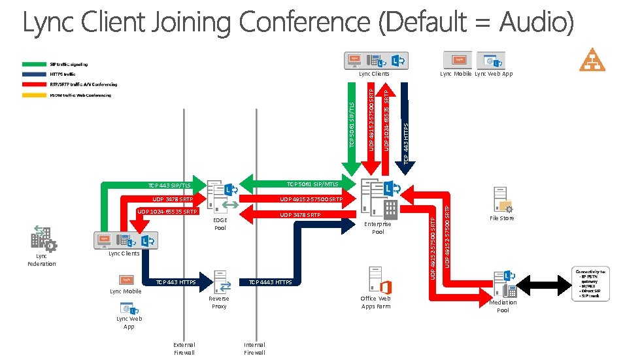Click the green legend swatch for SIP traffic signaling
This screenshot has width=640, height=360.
click(34, 64)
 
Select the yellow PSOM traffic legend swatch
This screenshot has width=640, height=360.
click(34, 95)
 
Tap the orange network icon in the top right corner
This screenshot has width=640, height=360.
click(592, 59)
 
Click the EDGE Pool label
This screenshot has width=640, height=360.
click(220, 224)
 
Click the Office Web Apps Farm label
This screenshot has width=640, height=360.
click(376, 303)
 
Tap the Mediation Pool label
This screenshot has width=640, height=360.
click(503, 306)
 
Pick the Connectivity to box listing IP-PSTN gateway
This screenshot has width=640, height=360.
click(591, 284)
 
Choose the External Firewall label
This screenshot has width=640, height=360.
click(184, 348)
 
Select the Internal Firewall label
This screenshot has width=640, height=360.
click(254, 348)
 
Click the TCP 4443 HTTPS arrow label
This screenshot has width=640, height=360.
click(271, 282)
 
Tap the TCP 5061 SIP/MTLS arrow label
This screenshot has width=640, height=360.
click(312, 184)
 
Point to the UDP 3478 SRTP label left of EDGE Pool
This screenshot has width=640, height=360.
click(173, 199)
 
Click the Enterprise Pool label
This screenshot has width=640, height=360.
click(378, 228)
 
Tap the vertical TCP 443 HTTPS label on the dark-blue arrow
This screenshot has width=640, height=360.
click(406, 143)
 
